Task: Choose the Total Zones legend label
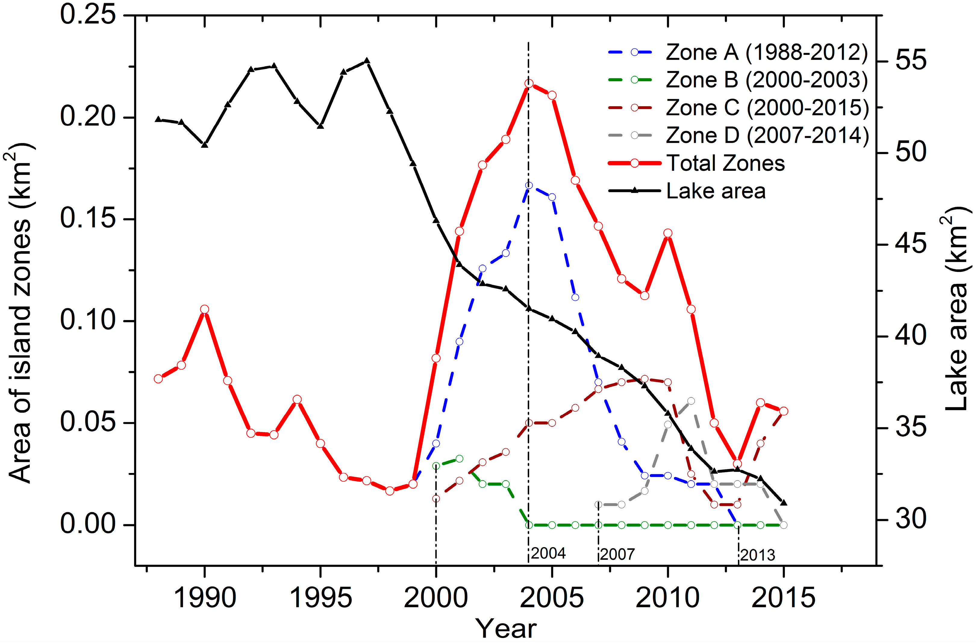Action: [x=726, y=163]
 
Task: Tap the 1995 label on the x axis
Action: [x=321, y=598]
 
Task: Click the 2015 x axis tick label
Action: [x=783, y=598]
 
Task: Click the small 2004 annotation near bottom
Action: [x=548, y=553]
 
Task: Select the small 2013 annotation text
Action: [x=758, y=555]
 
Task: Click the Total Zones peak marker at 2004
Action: [x=529, y=83]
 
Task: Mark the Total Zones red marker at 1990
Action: [x=204, y=309]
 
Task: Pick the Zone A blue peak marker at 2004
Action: [x=529, y=185]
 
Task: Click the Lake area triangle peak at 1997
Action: [x=367, y=61]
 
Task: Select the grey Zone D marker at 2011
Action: [x=691, y=401]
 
